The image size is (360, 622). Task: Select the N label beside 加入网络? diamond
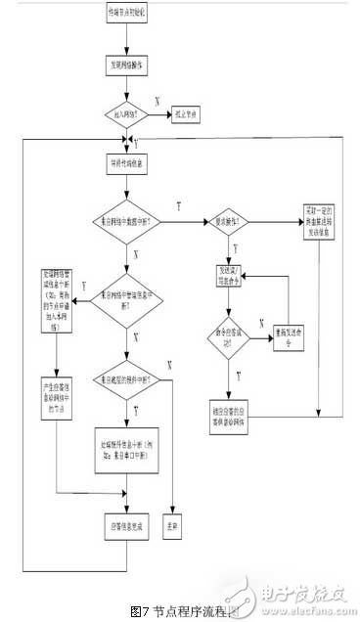[157, 100]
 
